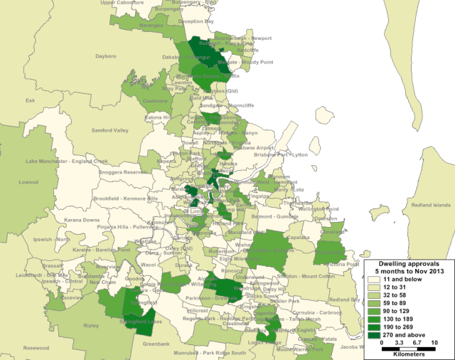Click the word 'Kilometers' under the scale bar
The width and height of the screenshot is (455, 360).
(x=407, y=354)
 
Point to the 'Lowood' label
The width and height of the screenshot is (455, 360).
(x=28, y=182)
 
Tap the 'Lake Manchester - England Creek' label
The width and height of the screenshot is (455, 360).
(x=66, y=162)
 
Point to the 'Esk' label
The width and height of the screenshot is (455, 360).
(x=30, y=100)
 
